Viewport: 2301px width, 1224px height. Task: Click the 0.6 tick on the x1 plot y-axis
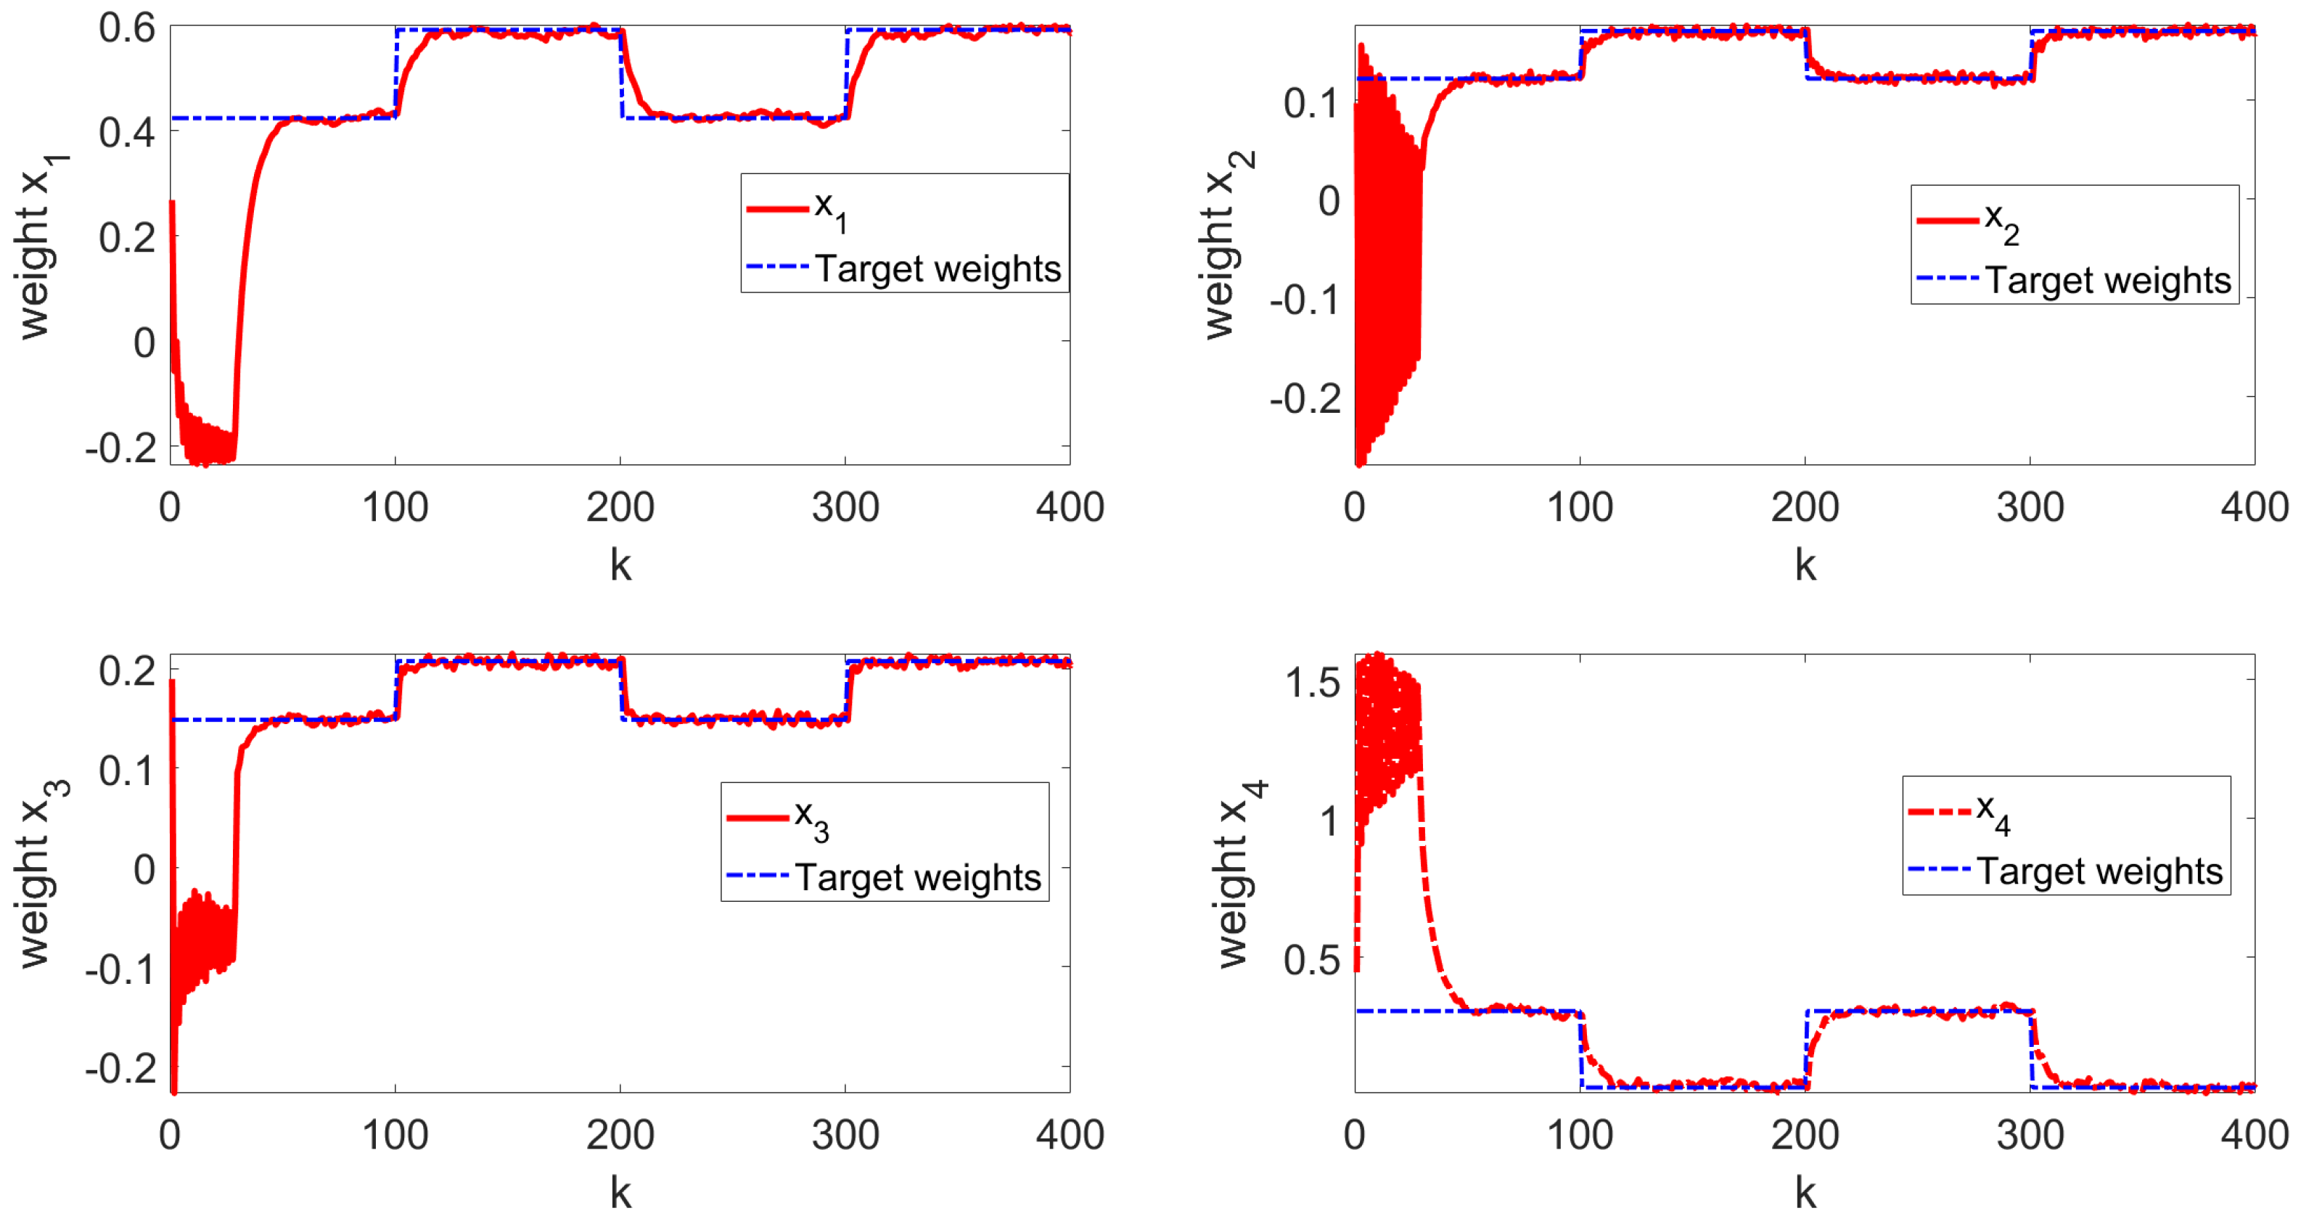[x=127, y=28]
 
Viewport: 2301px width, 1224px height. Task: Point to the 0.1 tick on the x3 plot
[x=127, y=770]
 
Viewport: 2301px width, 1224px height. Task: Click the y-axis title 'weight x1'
[x=40, y=246]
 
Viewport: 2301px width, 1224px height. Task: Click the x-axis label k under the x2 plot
[x=1805, y=565]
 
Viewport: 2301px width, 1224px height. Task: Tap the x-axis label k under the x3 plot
[x=620, y=1194]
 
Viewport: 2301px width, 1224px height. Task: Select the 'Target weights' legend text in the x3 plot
[x=917, y=877]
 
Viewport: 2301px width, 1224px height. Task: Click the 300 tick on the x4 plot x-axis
[x=2030, y=1135]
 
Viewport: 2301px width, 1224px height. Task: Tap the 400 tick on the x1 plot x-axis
[x=1069, y=507]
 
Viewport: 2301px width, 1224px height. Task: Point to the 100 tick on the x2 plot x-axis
[x=1579, y=507]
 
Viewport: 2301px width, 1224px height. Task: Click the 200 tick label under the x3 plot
[x=620, y=1135]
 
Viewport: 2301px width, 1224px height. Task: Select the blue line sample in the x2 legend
[x=1948, y=279]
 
